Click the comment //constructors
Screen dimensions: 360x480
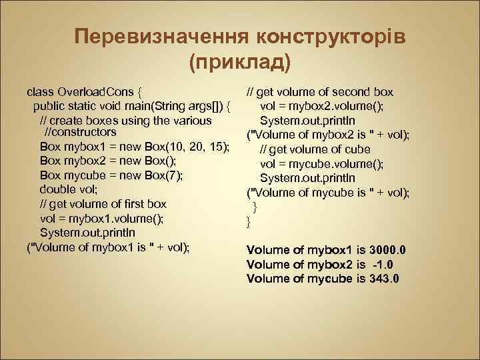click(85, 133)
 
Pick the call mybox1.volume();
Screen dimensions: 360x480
click(108, 219)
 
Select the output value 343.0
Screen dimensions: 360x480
click(385, 279)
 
